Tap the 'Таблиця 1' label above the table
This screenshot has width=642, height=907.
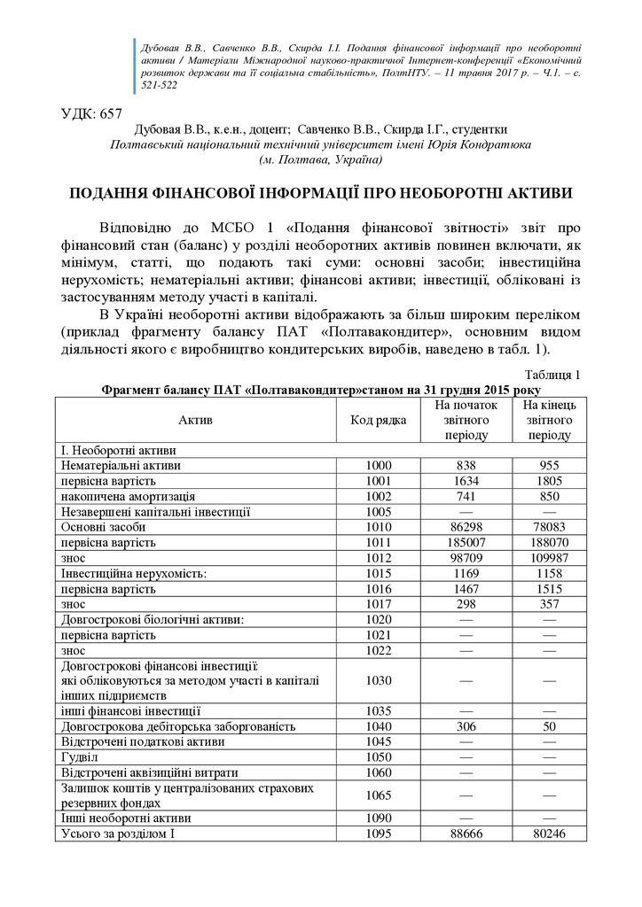(553, 375)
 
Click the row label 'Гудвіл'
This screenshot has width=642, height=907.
(79, 757)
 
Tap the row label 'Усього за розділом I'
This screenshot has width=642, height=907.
(115, 834)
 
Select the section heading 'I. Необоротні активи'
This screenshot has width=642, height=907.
(119, 449)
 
